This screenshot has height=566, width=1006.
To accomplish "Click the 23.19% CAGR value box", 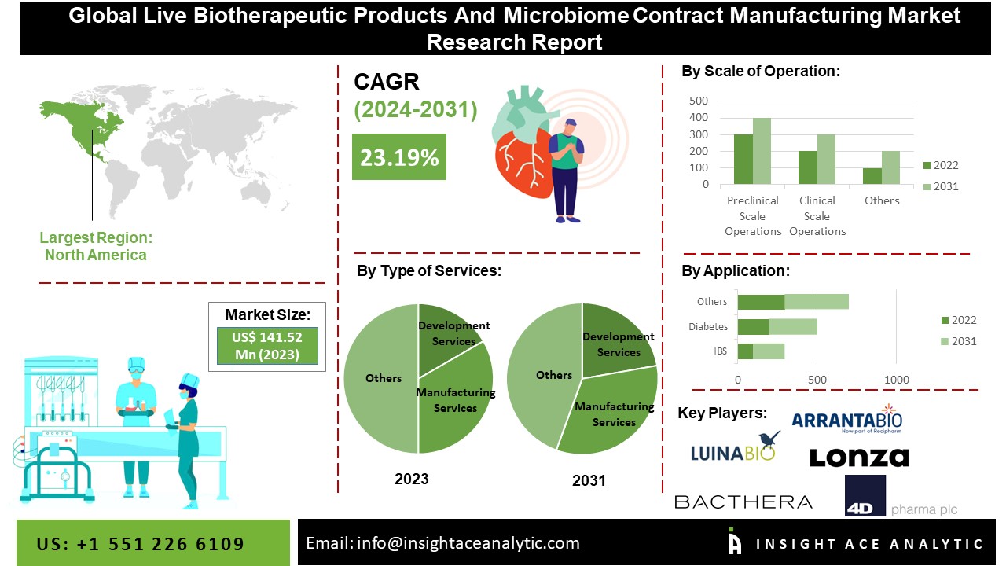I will (398, 156).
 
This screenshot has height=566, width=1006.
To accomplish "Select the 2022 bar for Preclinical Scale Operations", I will (743, 160).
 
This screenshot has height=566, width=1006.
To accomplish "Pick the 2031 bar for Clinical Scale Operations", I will (826, 160).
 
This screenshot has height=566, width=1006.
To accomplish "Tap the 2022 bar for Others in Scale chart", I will (872, 176).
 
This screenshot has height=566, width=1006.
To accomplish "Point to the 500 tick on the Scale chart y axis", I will (699, 101).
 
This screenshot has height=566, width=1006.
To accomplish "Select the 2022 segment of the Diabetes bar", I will (753, 326).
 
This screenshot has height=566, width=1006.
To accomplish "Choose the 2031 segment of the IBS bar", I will (769, 351).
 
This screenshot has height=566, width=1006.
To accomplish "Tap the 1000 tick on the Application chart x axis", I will (897, 380).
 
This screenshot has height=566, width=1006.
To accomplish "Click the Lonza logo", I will (858, 457).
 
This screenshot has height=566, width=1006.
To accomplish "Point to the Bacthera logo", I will (743, 502).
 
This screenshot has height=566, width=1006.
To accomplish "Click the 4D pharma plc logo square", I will (865, 495).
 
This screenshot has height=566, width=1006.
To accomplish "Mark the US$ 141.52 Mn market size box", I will (267, 347).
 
